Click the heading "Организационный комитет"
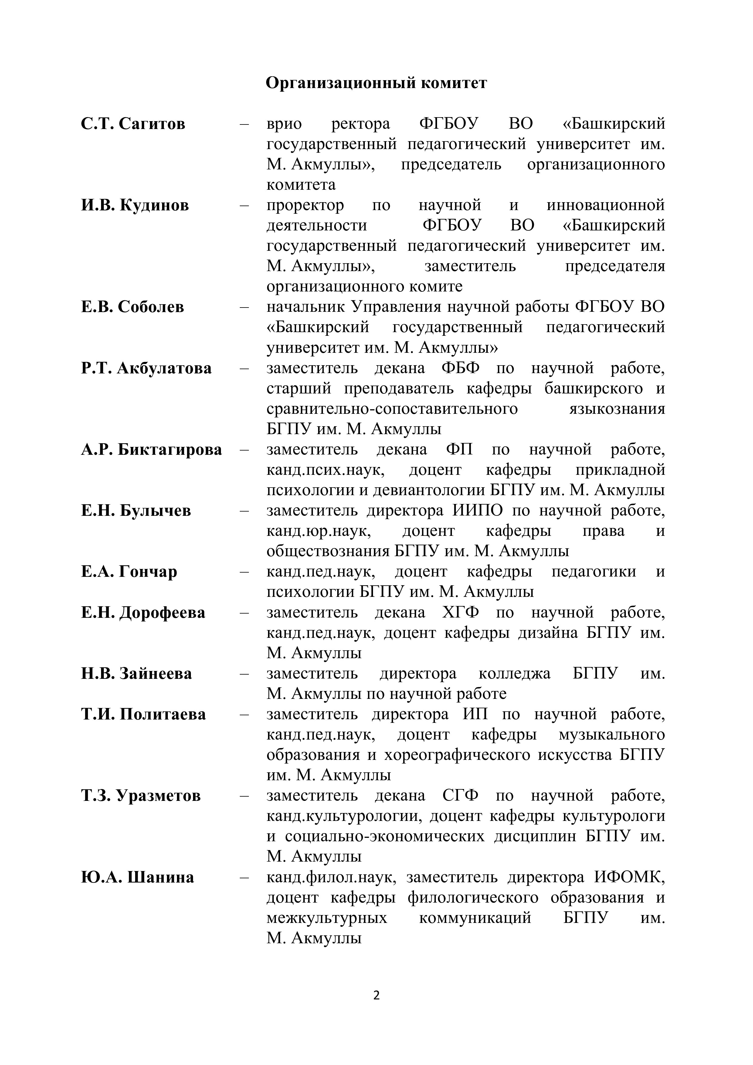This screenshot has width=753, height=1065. (376, 83)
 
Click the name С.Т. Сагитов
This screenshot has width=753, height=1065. (133, 124)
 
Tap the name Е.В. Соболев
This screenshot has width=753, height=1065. (132, 307)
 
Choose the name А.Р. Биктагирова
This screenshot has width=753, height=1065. (151, 450)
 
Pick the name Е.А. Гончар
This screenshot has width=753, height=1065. (129, 572)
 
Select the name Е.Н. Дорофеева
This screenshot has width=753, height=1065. (143, 613)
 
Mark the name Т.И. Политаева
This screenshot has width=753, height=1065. (143, 714)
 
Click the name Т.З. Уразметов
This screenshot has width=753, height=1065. (141, 796)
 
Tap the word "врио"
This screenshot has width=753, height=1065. (284, 124)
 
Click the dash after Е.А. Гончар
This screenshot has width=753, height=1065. (244, 572)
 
